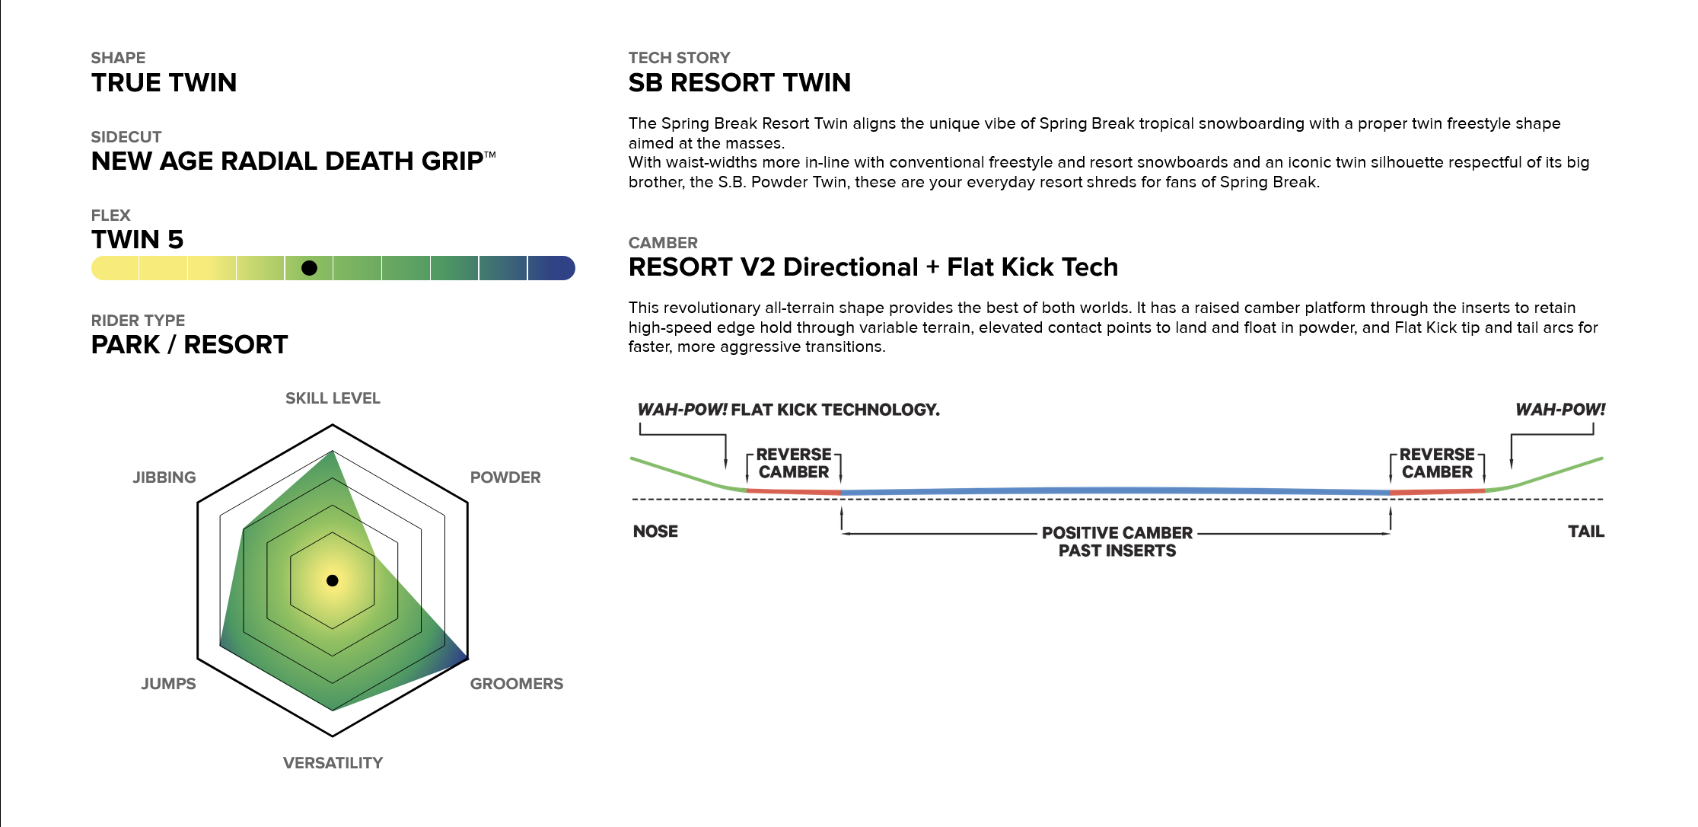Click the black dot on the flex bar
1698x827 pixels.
click(x=309, y=268)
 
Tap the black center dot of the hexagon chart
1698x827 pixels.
click(x=333, y=580)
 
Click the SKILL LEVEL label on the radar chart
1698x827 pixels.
click(x=333, y=398)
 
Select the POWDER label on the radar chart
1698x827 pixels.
click(x=505, y=477)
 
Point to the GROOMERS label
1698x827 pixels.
click(x=517, y=684)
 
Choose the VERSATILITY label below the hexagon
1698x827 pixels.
click(x=333, y=763)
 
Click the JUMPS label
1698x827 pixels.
click(x=168, y=684)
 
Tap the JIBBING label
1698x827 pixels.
click(x=164, y=477)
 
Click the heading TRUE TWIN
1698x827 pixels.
click(x=164, y=82)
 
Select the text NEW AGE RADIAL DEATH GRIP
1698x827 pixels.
click(x=288, y=161)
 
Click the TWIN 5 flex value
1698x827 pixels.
click(x=138, y=240)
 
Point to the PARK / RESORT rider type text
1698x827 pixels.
click(x=190, y=345)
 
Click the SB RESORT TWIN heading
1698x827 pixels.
click(x=740, y=82)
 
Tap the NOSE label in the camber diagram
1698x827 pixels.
click(x=655, y=532)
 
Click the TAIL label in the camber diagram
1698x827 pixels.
click(x=1586, y=532)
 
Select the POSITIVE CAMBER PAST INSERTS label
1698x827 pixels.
click(x=1117, y=541)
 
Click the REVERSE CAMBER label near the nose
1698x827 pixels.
click(x=794, y=463)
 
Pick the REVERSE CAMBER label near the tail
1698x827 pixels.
click(x=1437, y=463)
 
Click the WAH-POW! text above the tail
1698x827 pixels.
click(x=1560, y=410)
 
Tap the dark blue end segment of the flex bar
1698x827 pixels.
click(x=551, y=268)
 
